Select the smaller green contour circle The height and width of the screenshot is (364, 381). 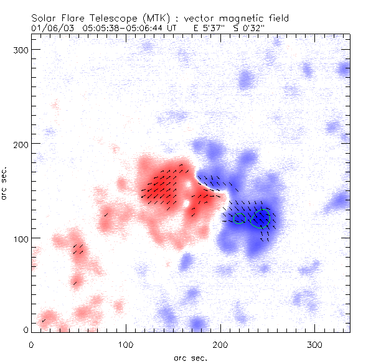click(240, 219)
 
